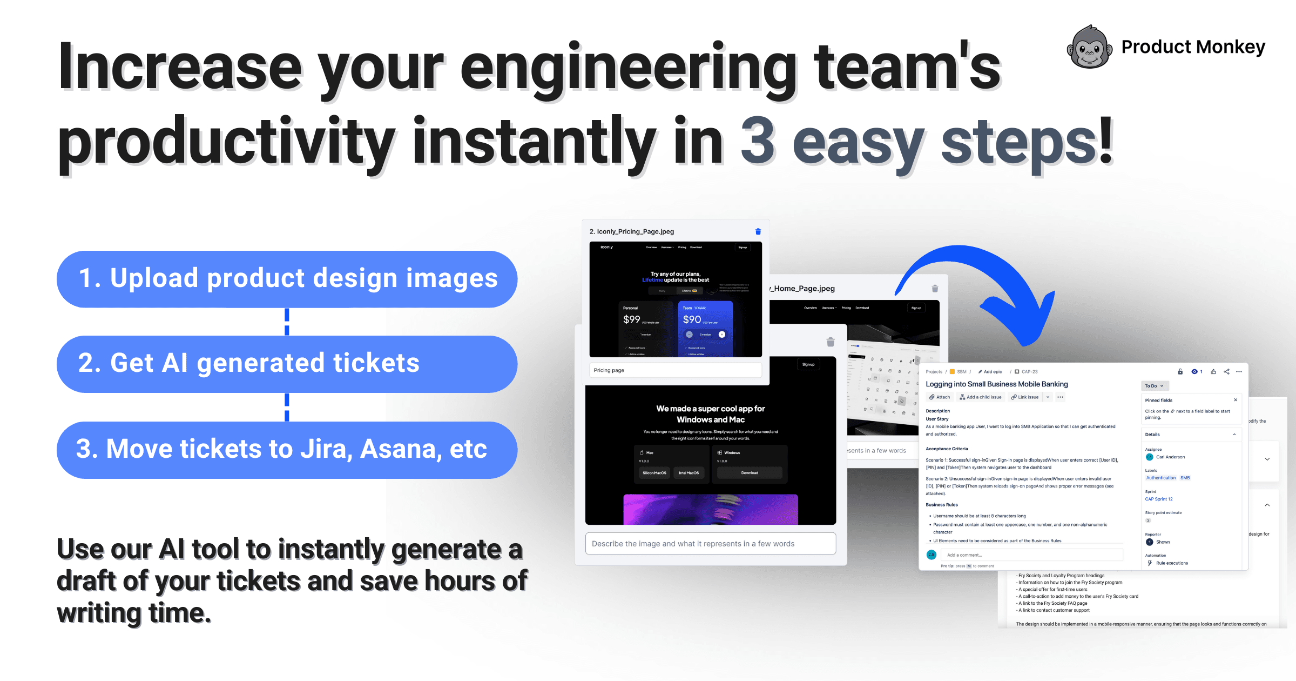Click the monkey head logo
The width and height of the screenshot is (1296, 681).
click(1089, 48)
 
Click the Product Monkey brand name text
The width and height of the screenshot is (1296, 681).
click(1193, 47)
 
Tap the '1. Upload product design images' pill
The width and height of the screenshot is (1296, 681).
click(287, 279)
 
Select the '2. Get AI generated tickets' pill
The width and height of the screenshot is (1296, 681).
click(287, 364)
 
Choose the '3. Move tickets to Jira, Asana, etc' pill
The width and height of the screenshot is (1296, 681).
click(287, 450)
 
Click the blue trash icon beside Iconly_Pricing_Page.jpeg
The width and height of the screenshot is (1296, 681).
click(758, 231)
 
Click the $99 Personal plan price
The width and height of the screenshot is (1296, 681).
click(632, 319)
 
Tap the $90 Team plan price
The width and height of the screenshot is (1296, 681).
click(692, 319)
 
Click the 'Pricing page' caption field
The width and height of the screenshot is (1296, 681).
click(675, 370)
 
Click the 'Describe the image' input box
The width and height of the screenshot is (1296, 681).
click(710, 544)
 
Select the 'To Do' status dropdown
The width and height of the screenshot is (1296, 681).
click(1155, 386)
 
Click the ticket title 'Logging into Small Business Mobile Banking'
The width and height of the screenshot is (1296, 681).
click(996, 384)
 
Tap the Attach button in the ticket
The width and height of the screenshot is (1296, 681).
click(940, 397)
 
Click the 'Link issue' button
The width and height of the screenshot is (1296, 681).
click(1025, 397)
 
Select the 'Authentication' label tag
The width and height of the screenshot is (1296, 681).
click(1160, 478)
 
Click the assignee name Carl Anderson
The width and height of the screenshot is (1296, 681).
click(1170, 457)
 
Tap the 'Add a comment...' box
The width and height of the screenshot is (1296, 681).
click(1031, 555)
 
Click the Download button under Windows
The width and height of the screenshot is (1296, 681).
click(750, 473)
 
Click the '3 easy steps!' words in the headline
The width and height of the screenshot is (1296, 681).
click(926, 142)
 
